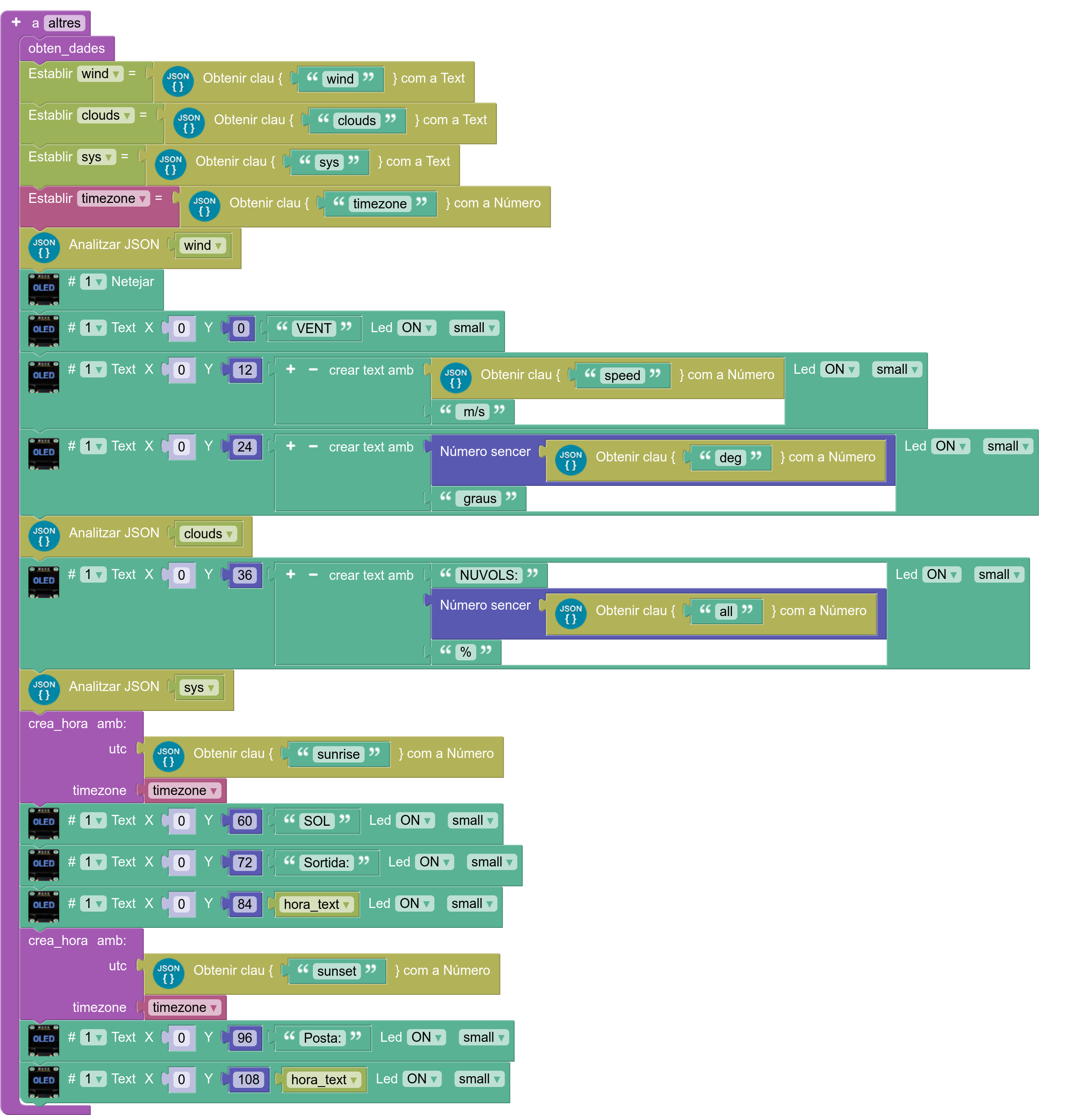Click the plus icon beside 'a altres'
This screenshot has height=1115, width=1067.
pyautogui.click(x=16, y=22)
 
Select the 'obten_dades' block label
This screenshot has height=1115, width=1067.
pyautogui.click(x=66, y=48)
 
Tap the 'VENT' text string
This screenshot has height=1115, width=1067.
pyautogui.click(x=313, y=329)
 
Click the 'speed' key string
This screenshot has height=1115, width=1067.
pyautogui.click(x=622, y=375)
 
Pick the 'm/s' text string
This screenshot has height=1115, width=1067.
pyautogui.click(x=473, y=412)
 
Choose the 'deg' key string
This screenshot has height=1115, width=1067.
pyautogui.click(x=730, y=458)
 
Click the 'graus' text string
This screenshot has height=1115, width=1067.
pyautogui.click(x=479, y=499)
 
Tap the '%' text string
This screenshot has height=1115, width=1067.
pyautogui.click(x=465, y=652)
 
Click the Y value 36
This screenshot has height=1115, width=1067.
pyautogui.click(x=245, y=575)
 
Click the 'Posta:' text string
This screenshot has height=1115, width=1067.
pyautogui.click(x=322, y=1038)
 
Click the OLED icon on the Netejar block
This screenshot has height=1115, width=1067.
pyautogui.click(x=44, y=287)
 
